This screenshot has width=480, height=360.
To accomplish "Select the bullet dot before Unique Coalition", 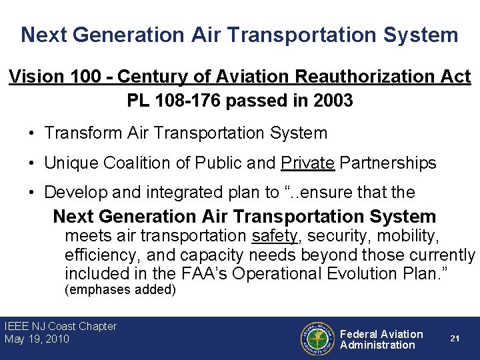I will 31,163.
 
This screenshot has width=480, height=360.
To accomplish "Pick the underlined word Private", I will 308,163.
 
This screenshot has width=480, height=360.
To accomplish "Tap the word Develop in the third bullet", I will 73,193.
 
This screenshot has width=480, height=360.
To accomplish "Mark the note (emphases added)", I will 120,289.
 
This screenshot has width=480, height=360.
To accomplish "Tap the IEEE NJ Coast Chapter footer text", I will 61,327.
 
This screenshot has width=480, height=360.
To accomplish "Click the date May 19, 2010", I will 37,339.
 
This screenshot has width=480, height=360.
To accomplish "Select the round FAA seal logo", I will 317,339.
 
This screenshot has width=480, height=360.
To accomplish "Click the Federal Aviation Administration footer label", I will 381,339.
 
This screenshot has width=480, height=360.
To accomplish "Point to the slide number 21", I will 455,339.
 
